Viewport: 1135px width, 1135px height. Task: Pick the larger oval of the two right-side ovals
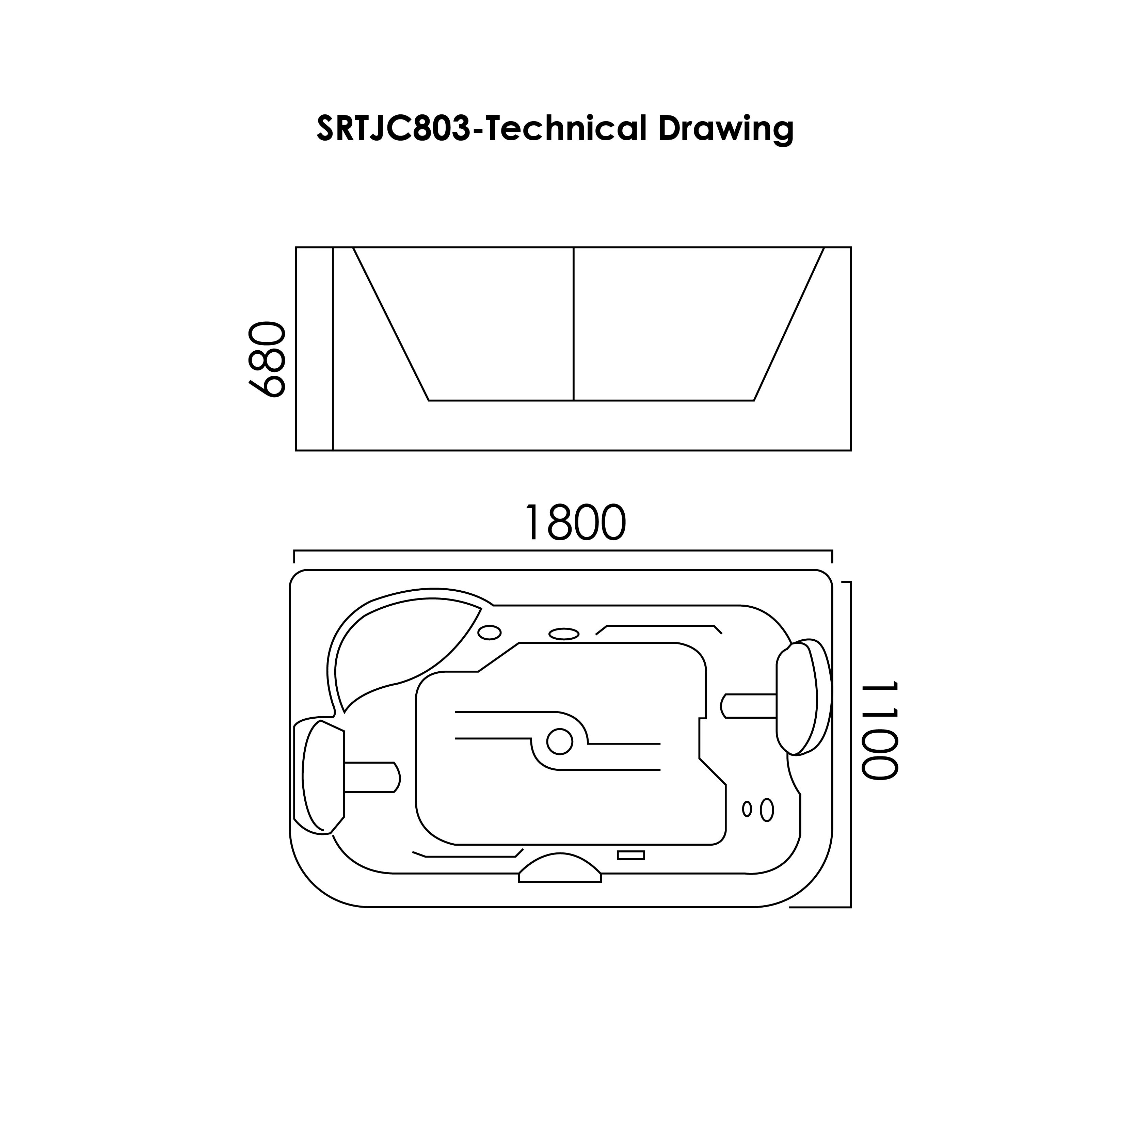[x=767, y=810]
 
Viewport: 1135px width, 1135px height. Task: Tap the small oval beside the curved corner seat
[x=489, y=633]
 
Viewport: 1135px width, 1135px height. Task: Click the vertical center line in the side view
[x=573, y=323]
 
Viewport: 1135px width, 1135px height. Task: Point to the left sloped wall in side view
[x=391, y=324]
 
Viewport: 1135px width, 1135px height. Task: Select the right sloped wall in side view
[x=789, y=324]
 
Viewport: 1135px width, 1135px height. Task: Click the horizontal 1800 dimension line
[x=563, y=551]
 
